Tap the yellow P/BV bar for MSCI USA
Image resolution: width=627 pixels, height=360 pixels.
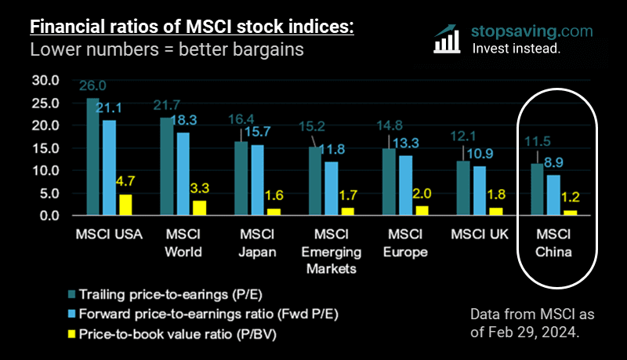point(125,204)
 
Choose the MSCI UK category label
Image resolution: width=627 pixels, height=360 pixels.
point(479,235)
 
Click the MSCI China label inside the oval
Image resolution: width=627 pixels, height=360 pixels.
point(553,243)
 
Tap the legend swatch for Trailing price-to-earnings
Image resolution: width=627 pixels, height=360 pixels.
point(71,296)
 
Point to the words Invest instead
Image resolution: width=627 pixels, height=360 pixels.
point(516,48)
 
